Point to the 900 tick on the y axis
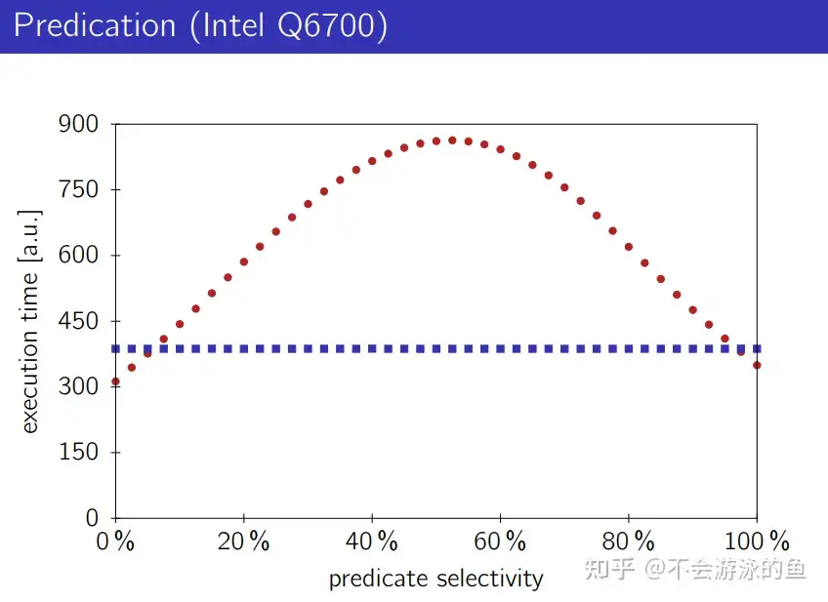coord(79,125)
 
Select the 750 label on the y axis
coord(79,190)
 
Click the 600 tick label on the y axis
coord(79,256)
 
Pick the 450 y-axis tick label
coord(79,321)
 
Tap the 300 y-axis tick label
coord(79,386)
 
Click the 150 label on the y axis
coord(79,453)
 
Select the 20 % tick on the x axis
coord(243,542)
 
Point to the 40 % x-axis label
coord(372,542)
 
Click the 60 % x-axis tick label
coord(500,542)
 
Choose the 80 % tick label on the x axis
coord(629,542)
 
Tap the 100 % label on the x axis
coord(758,542)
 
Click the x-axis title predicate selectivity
coord(435,579)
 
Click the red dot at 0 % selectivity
coord(115,381)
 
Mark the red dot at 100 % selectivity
coord(757,365)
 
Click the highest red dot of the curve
coord(452,140)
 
